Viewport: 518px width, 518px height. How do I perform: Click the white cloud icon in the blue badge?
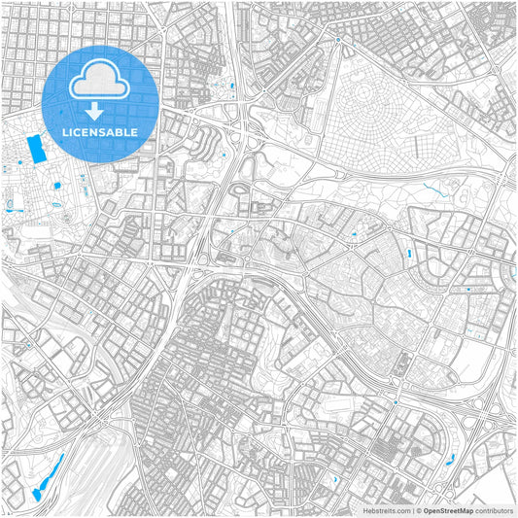pos(101,77)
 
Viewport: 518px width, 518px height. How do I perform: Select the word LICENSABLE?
pos(101,130)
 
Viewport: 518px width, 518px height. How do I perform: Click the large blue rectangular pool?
pos(37,150)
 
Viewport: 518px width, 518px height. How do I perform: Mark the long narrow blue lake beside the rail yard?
pos(46,476)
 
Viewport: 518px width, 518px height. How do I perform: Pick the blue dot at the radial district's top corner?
pos(337,41)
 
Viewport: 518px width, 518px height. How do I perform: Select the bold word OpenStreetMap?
pos(448,509)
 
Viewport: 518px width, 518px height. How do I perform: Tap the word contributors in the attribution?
pos(495,509)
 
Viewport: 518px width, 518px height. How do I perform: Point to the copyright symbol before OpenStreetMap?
pos(419,509)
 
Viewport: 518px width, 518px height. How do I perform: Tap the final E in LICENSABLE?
pos(134,130)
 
